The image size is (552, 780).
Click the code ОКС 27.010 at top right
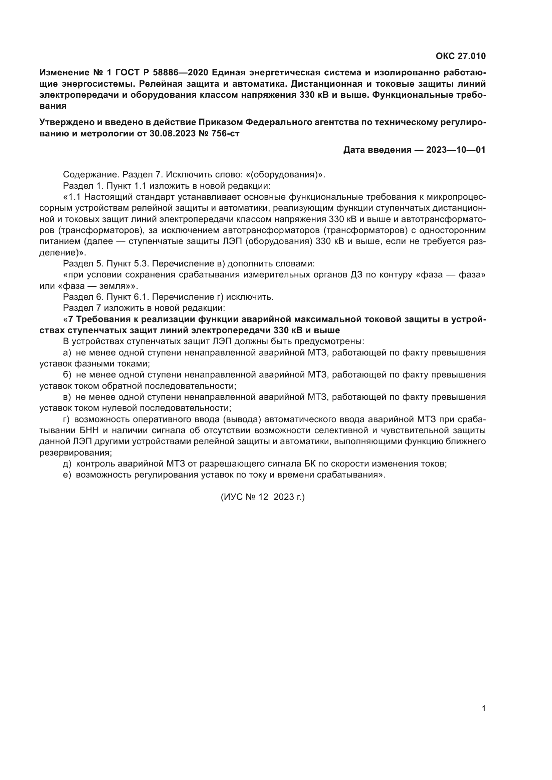[x=461, y=56]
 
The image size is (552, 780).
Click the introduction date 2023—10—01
[x=456, y=150]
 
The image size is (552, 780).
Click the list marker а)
[x=67, y=353]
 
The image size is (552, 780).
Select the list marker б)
[x=67, y=375]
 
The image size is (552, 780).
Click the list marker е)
[x=67, y=475]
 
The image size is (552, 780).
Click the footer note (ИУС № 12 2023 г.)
[x=263, y=497]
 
